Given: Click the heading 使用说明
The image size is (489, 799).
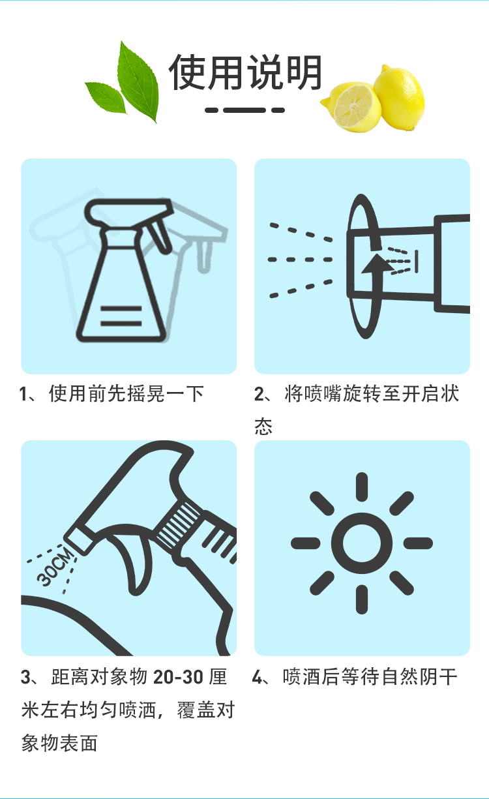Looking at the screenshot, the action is coord(246,72).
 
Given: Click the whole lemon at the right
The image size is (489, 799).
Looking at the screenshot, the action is coord(400,97).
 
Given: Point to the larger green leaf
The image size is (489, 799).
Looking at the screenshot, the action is coord(138,82).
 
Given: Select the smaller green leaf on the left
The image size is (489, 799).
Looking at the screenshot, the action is coord(106,97).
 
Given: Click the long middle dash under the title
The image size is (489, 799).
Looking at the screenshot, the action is coord(244,110).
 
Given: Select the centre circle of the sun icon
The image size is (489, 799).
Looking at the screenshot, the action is coord(362,543).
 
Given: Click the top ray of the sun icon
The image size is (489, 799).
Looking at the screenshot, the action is coord(362,487).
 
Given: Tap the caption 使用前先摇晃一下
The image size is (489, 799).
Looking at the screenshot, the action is coord(126,394).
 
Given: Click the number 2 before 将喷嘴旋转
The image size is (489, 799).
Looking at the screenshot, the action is coord(259,395).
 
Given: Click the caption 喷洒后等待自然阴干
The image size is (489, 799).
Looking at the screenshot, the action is coord(370,677).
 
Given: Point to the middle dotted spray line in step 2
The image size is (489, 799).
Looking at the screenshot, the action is coord(301,260).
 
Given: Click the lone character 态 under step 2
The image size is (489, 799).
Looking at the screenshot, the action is coord(263,426).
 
